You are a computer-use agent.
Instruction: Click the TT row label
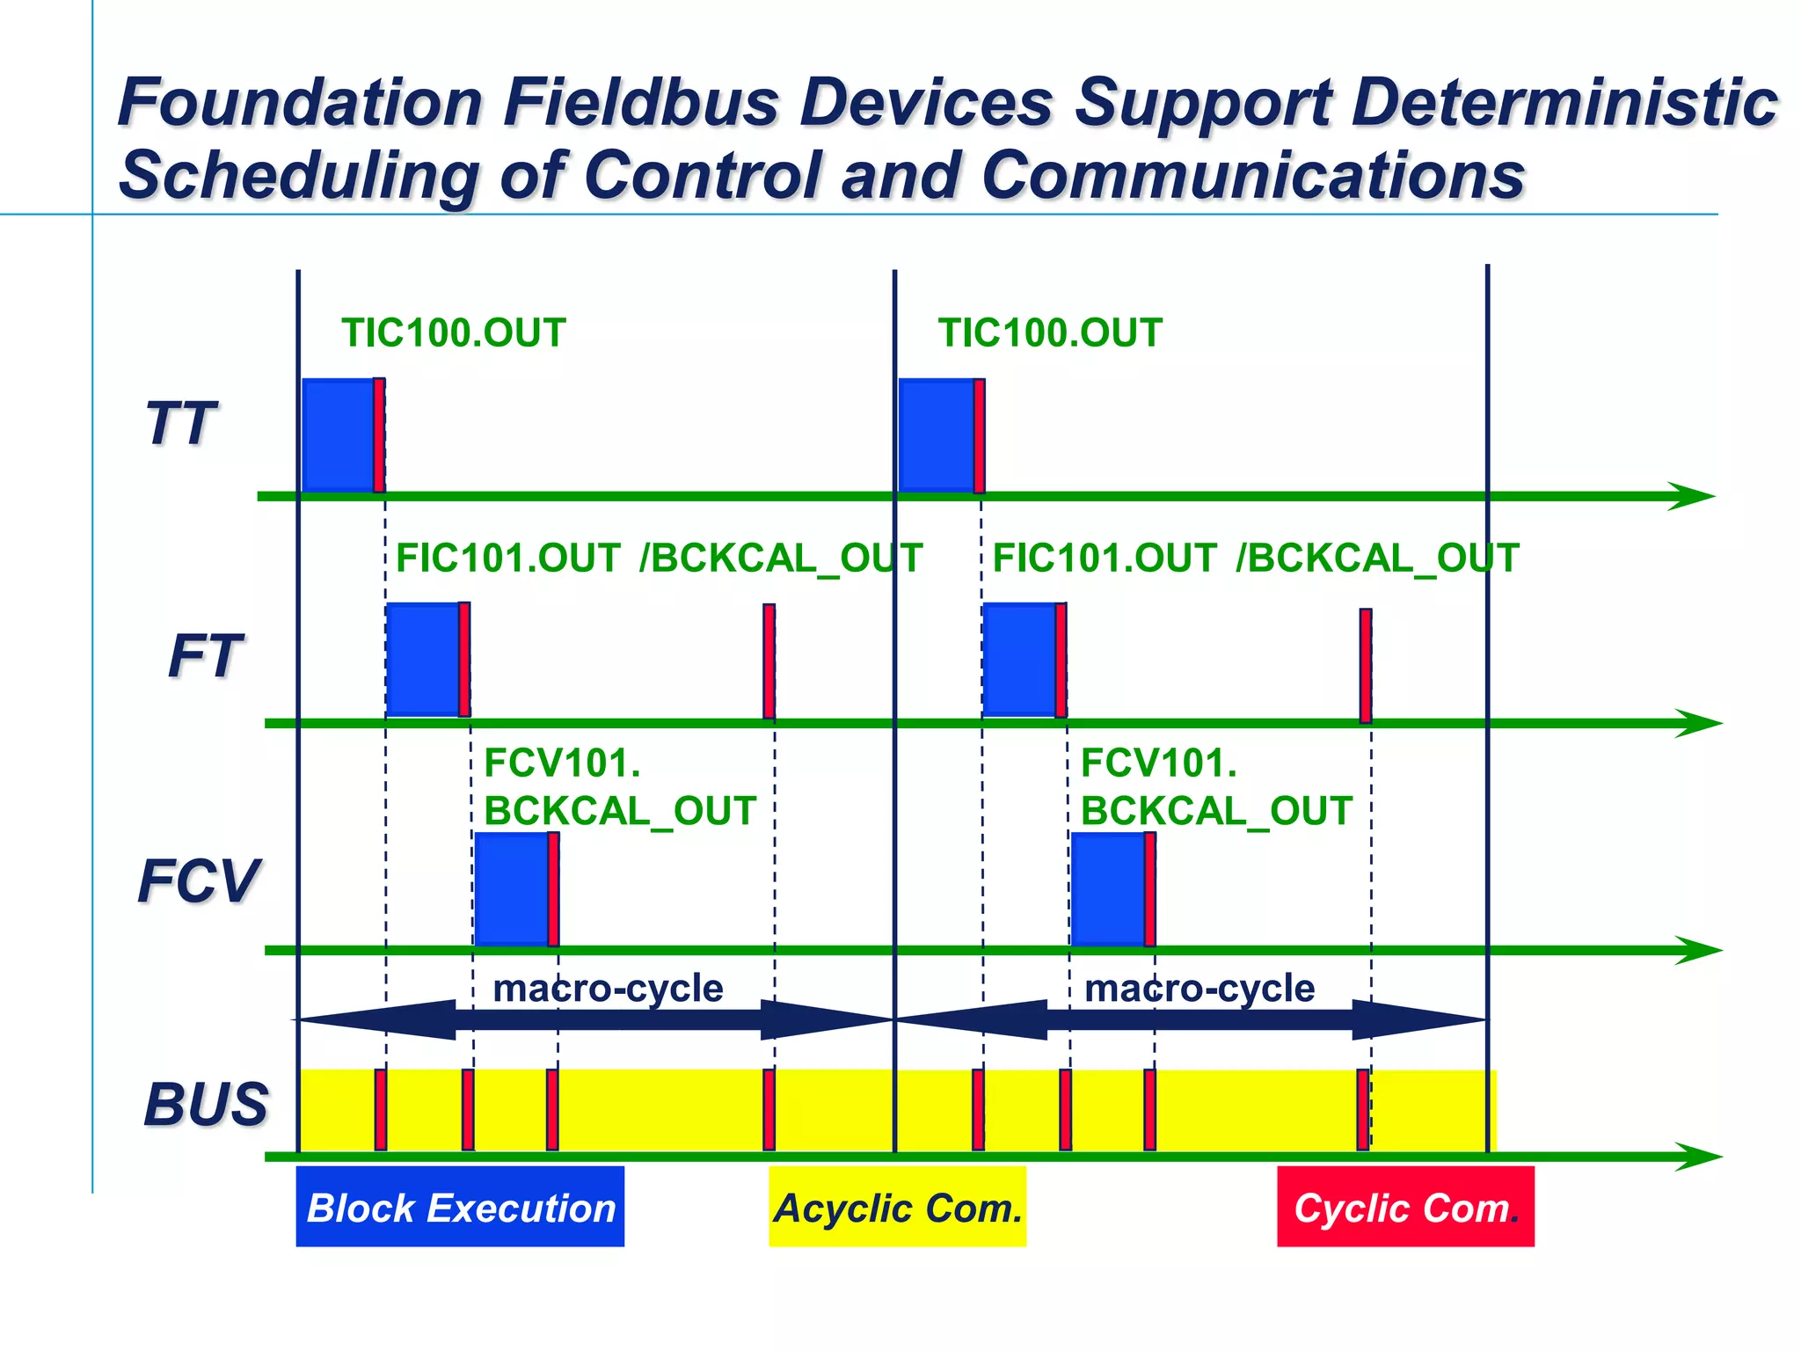pos(180,424)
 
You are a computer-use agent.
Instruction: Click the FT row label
pos(204,656)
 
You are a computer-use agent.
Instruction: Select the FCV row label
pos(199,881)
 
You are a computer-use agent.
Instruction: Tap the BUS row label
pos(206,1105)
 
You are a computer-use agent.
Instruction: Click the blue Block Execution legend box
pos(460,1207)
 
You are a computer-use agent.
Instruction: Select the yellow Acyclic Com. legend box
pos(897,1207)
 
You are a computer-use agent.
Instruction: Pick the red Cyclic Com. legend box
pos(1404,1207)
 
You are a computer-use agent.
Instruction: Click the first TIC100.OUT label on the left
pos(453,333)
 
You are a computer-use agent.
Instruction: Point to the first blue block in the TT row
pos(338,435)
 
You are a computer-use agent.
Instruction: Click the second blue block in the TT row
pos(936,435)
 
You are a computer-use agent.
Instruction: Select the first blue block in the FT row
pos(422,660)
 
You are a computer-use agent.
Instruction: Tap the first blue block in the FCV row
pos(511,888)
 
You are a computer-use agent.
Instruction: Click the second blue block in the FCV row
pos(1107,888)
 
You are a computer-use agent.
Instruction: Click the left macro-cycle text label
pos(608,989)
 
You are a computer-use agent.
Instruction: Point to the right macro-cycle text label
pos(1199,989)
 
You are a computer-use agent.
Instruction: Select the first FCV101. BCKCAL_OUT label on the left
pos(619,786)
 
